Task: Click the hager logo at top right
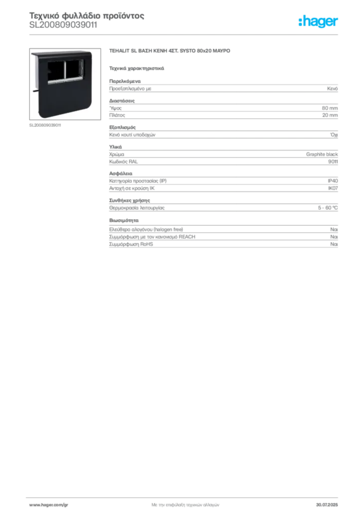point(318,22)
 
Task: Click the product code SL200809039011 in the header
point(63,25)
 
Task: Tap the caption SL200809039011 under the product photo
point(45,125)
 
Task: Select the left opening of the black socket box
point(56,70)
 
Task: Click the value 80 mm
point(329,108)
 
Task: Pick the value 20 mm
point(330,115)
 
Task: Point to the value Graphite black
point(322,154)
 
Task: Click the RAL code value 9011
point(333,161)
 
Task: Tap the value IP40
point(332,181)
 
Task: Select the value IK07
point(333,188)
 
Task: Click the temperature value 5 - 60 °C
point(328,208)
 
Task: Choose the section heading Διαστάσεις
point(122,101)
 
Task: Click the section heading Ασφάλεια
point(121,174)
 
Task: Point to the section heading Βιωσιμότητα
point(124,220)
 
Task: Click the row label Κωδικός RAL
point(123,161)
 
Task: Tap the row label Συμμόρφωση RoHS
point(131,244)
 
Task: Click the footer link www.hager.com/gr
point(49,505)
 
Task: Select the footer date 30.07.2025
point(327,505)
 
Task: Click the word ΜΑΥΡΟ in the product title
point(222,51)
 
